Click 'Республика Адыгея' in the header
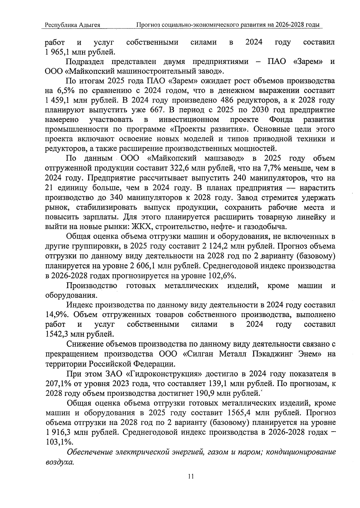[72, 25]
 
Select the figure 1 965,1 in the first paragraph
[58, 52]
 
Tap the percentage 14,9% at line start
[57, 315]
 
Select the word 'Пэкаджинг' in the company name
[269, 354]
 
